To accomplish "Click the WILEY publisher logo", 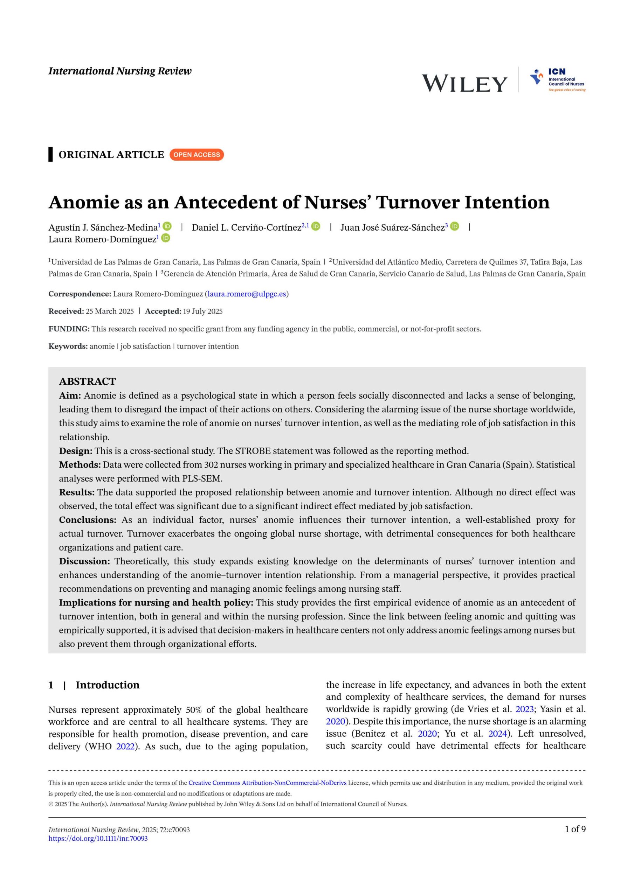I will pyautogui.click(x=464, y=84).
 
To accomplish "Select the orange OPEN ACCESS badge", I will pyautogui.click(x=197, y=155).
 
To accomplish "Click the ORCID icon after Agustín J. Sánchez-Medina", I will pyautogui.click(x=167, y=226).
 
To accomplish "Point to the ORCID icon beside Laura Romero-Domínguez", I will pyautogui.click(x=166, y=238).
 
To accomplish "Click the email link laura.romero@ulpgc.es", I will pyautogui.click(x=247, y=294).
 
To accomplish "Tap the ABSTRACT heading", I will pyautogui.click(x=88, y=381).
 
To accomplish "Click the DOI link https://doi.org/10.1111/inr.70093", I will pyautogui.click(x=98, y=838).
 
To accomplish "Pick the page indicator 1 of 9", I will pyautogui.click(x=575, y=829).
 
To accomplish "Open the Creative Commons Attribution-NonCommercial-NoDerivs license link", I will pyautogui.click(x=267, y=783).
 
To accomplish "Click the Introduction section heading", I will pyautogui.click(x=108, y=685).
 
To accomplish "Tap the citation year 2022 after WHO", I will pyautogui.click(x=125, y=746).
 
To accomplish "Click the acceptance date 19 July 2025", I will pyautogui.click(x=202, y=311).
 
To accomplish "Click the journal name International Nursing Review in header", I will pyautogui.click(x=120, y=71).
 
